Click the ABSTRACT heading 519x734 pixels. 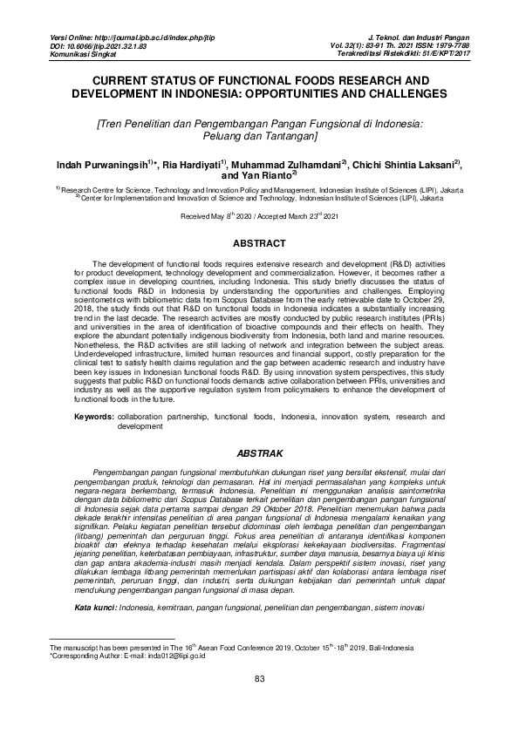point(259,242)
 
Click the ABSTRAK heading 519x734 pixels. point(259,454)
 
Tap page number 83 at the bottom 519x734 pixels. point(259,703)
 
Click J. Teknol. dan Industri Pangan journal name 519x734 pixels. point(419,38)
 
